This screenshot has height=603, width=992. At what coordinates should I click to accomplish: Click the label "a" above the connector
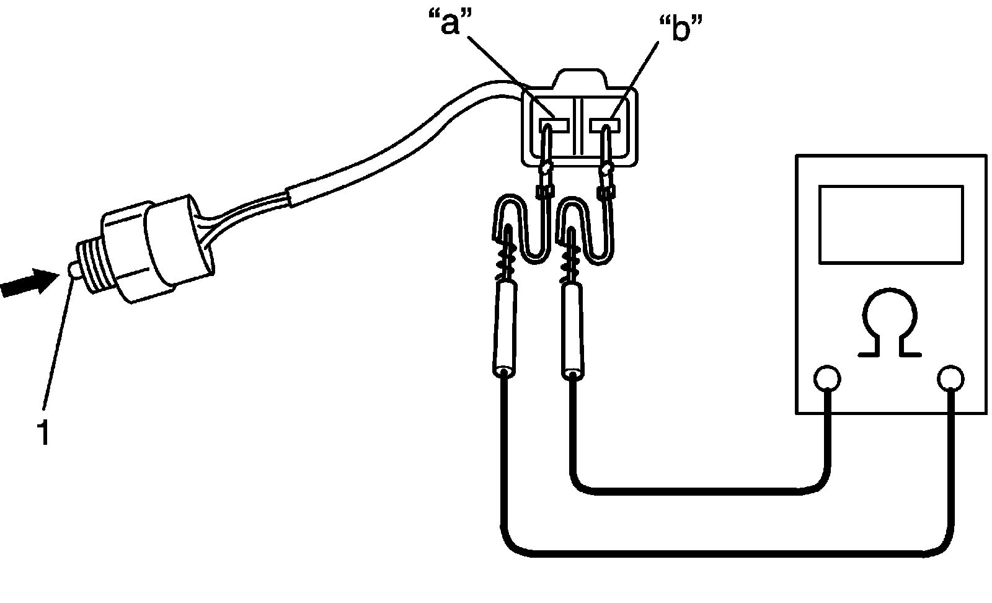[450, 22]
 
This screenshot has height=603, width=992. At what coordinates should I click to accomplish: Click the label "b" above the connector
[681, 27]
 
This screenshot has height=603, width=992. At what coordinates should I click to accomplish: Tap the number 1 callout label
[44, 433]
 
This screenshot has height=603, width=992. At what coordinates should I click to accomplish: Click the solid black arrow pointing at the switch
[29, 282]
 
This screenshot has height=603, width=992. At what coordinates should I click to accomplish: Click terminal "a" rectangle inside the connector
[554, 125]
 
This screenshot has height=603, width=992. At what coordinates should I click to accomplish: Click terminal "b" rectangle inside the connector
[606, 125]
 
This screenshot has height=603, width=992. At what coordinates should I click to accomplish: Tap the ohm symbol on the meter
[890, 322]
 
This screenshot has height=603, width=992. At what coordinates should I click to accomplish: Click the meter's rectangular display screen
[891, 224]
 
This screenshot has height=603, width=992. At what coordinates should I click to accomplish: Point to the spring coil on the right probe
[572, 264]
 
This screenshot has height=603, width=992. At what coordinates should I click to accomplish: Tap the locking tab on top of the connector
[580, 78]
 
